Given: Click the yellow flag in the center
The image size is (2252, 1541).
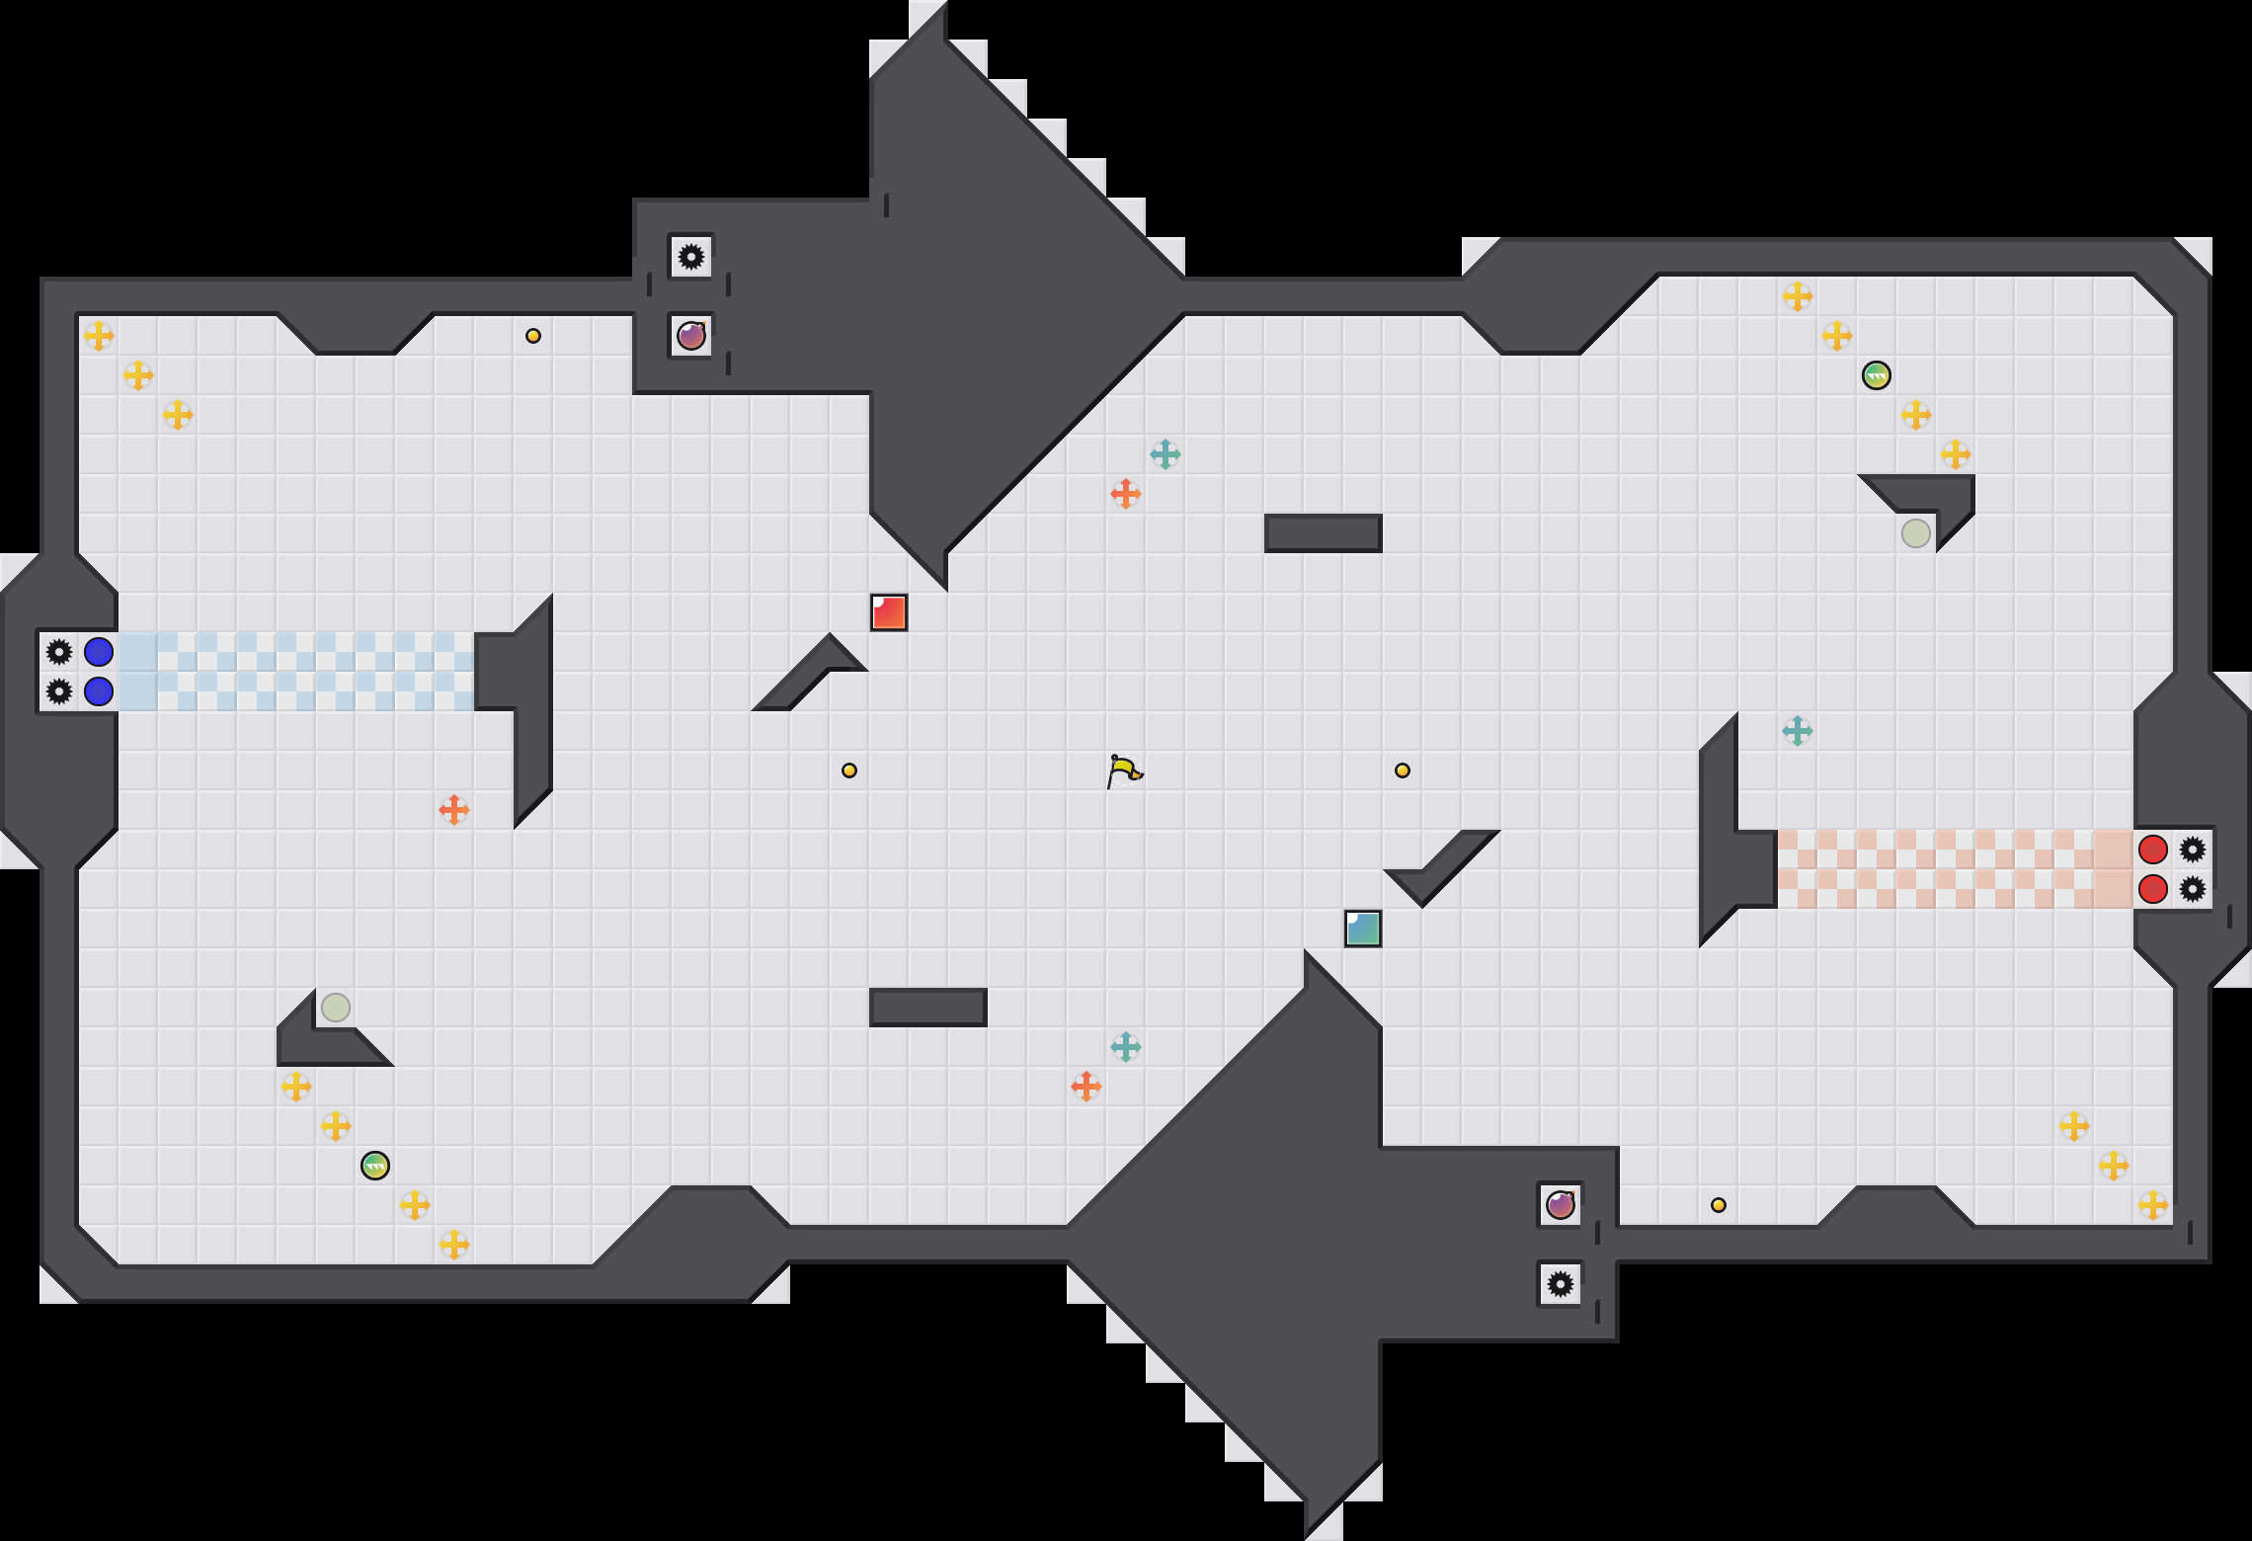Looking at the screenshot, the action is click(x=1124, y=770).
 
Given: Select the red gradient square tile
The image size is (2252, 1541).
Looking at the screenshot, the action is click(x=889, y=612).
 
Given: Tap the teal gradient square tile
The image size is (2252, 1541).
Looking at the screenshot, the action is click(x=1363, y=929).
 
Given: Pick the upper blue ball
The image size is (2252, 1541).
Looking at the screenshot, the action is click(x=99, y=652).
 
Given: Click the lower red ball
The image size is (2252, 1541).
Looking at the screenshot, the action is click(x=2153, y=889).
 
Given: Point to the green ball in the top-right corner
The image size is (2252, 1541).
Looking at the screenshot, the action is click(x=1877, y=375).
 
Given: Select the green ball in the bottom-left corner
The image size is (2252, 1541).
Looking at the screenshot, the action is click(x=375, y=1166).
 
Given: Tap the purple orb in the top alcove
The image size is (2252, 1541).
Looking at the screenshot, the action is click(x=691, y=336).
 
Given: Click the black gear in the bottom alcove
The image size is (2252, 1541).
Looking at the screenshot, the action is click(x=1561, y=1284).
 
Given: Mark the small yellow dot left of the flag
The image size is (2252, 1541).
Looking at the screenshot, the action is click(x=849, y=770).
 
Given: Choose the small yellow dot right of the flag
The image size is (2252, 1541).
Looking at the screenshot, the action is click(x=1403, y=770).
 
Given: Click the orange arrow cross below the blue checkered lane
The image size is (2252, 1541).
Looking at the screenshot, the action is click(x=454, y=810).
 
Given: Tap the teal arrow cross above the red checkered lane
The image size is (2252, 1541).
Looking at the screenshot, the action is click(x=1798, y=731).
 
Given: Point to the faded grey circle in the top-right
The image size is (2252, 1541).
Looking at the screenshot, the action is click(x=1916, y=533).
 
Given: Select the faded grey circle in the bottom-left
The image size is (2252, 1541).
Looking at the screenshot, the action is click(x=336, y=1008).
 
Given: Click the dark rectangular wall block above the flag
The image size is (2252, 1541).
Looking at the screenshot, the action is click(x=1324, y=533).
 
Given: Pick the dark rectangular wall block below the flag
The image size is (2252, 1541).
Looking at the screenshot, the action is click(x=928, y=1008).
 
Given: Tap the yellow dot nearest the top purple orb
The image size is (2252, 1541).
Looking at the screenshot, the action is click(x=533, y=336).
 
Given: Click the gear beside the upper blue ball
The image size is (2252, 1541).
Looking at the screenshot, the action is click(x=59, y=652).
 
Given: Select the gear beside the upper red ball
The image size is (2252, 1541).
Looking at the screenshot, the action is click(x=2193, y=850).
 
